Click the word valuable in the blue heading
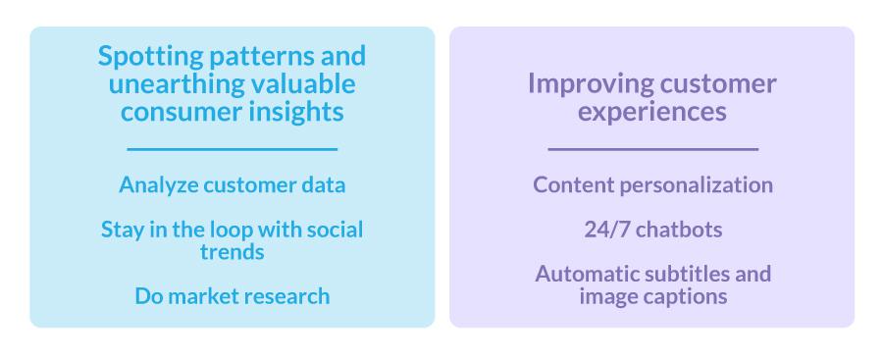(x=301, y=84)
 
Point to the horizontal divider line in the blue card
(x=232, y=149)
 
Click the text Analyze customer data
(x=232, y=184)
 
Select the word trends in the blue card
(x=232, y=251)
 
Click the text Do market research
(x=232, y=295)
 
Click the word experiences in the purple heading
(x=652, y=112)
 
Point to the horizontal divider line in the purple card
(x=652, y=149)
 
